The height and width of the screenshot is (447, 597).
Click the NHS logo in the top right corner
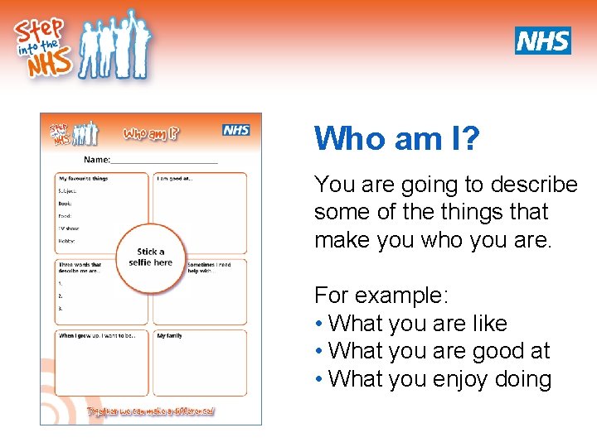pyautogui.click(x=543, y=40)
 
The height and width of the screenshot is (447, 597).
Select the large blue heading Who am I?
pyautogui.click(x=396, y=138)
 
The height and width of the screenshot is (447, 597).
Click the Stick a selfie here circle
pyautogui.click(x=150, y=257)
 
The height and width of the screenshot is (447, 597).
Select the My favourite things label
pyautogui.click(x=83, y=178)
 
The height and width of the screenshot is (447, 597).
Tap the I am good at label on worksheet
pyautogui.click(x=174, y=178)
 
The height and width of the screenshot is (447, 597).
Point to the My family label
pyautogui.click(x=169, y=335)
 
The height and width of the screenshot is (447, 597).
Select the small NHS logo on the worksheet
pyautogui.click(x=236, y=130)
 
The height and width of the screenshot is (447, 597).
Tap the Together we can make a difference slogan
pyautogui.click(x=151, y=411)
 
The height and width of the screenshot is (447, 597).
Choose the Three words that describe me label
pyautogui.click(x=80, y=267)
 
